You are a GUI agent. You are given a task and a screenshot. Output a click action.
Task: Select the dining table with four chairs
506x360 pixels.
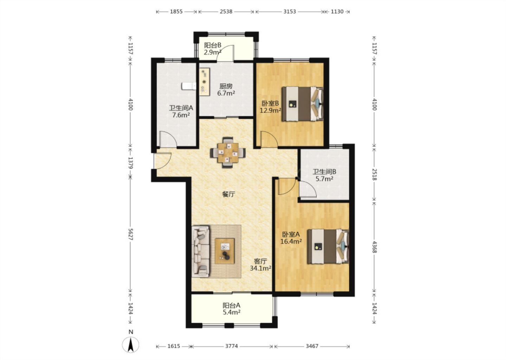coord(228,153)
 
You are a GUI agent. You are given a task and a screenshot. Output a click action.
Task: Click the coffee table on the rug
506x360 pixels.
coord(225,251)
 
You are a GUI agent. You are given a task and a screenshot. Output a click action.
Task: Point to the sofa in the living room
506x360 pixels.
coord(201,251)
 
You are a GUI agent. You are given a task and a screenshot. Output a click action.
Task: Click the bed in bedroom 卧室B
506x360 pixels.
coord(302,104)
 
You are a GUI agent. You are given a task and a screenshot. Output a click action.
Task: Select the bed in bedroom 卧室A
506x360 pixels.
coord(328,246)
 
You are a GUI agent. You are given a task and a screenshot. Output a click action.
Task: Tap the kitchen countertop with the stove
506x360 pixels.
coord(205,82)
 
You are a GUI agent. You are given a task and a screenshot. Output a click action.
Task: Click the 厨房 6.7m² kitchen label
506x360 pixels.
coord(226,90)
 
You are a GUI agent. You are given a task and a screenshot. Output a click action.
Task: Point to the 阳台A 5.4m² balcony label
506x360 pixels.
coord(231,309)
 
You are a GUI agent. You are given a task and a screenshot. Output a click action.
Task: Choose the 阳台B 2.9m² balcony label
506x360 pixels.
coord(213,49)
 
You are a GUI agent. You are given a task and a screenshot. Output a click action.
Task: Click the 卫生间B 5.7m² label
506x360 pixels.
coord(324,175)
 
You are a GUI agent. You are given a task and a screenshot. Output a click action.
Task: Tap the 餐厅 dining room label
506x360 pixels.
coord(229,194)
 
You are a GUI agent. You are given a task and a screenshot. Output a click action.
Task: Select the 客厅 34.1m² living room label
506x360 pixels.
coord(260,265)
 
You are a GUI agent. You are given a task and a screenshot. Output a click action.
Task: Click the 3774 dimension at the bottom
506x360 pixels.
coord(232,346)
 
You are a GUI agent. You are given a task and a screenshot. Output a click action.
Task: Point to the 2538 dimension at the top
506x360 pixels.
coord(226,12)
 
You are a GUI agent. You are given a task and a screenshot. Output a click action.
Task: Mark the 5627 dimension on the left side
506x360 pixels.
coord(130,234)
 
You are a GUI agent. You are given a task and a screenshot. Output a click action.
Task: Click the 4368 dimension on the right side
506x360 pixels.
coord(374,247)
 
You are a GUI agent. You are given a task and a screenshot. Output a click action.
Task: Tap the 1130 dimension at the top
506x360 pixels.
coord(337,12)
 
